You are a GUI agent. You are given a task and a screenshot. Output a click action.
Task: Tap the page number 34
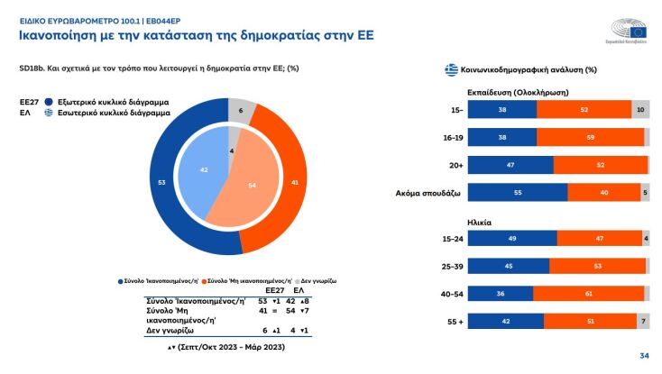(644, 356)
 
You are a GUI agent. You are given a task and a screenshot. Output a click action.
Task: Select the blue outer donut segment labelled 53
(162, 183)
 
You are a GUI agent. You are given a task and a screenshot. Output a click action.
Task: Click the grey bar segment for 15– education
(640, 109)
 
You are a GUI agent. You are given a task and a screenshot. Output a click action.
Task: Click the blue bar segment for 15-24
(512, 238)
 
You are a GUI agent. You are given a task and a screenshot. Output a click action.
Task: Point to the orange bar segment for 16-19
(591, 137)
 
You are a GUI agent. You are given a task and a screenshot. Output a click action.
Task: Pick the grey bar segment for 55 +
(642, 321)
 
